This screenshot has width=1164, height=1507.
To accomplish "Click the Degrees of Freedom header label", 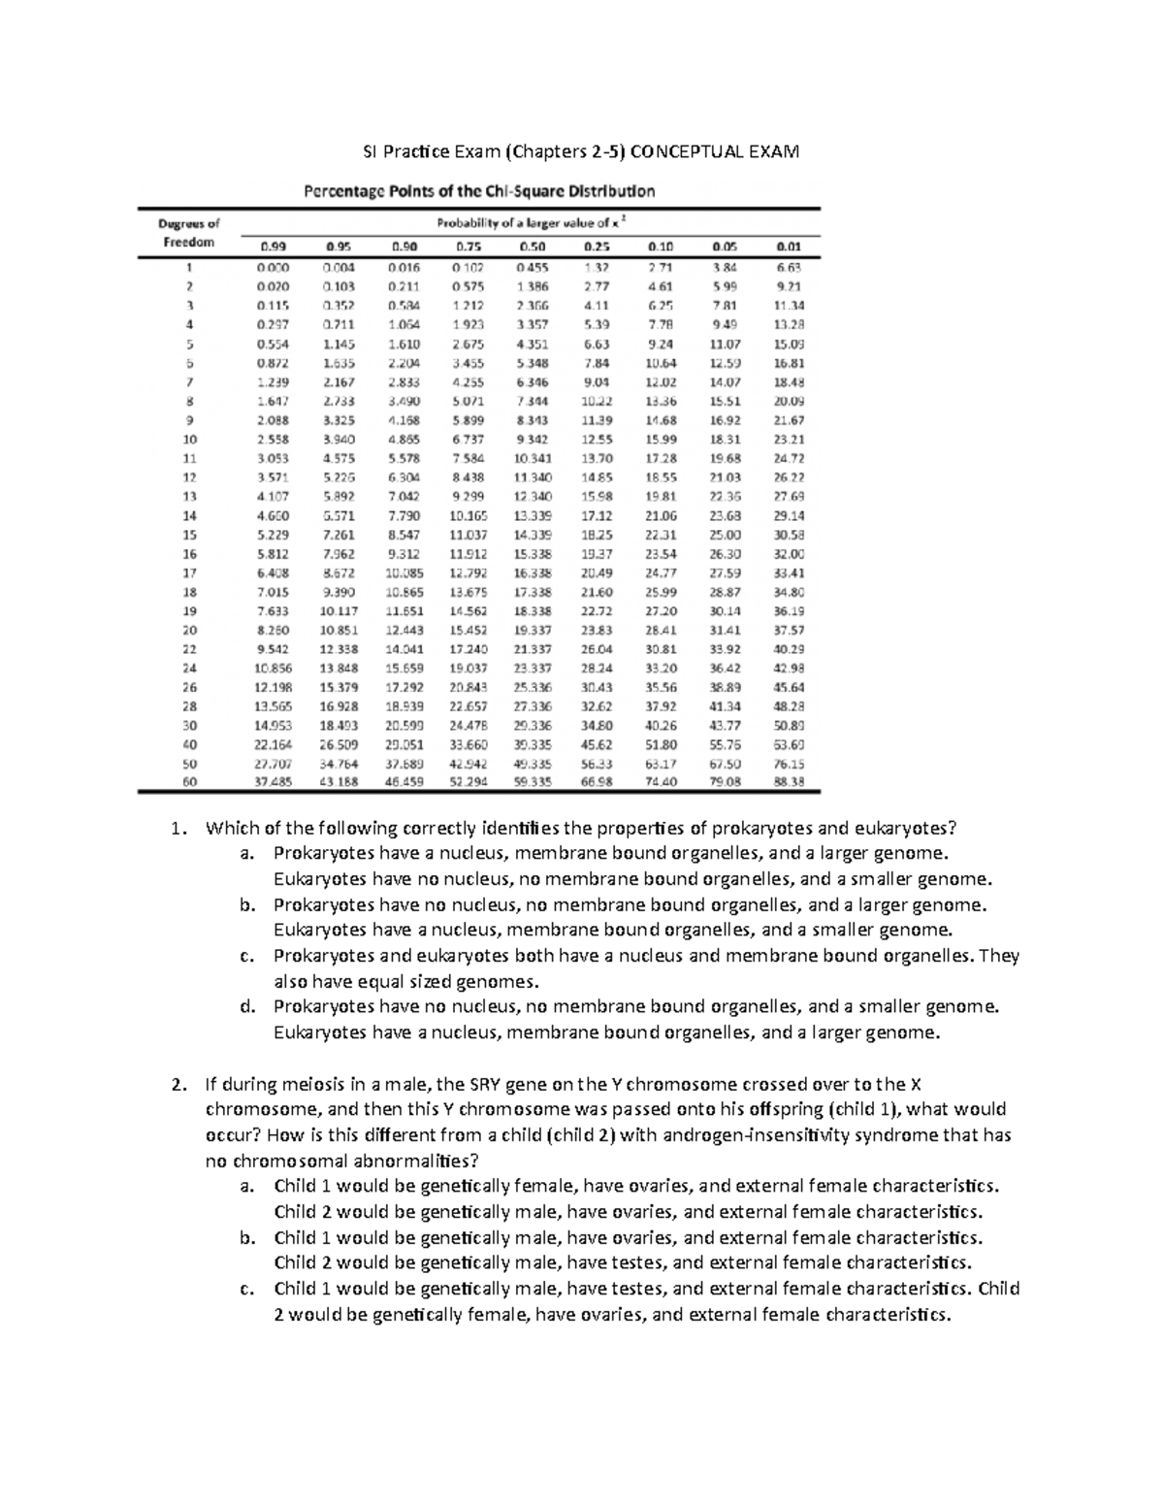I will [188, 233].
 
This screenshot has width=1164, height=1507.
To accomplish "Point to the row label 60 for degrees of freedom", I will [190, 781].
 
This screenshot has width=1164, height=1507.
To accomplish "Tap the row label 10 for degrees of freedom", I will [190, 439].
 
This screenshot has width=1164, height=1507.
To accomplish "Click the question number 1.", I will [176, 828].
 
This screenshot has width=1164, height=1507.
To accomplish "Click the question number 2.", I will [176, 1085].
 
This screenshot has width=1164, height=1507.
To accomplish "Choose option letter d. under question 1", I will [247, 1007].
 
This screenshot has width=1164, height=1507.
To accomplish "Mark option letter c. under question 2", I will [247, 1289].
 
